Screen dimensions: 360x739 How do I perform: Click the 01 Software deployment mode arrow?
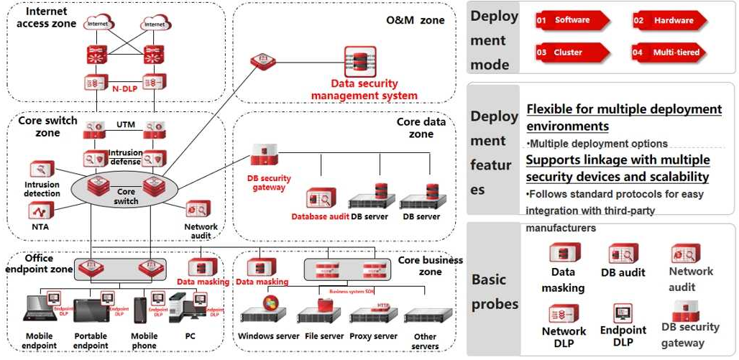[572, 21]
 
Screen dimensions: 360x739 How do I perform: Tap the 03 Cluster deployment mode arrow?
[572, 52]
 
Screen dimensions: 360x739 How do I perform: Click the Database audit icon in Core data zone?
[321, 198]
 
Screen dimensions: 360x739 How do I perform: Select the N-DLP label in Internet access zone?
[124, 89]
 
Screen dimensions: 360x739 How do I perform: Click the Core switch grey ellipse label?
[126, 196]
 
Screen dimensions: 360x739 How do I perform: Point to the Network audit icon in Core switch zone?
[199, 209]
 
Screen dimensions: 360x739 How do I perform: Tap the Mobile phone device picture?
[141, 310]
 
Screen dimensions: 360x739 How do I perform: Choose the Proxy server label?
[373, 336]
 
